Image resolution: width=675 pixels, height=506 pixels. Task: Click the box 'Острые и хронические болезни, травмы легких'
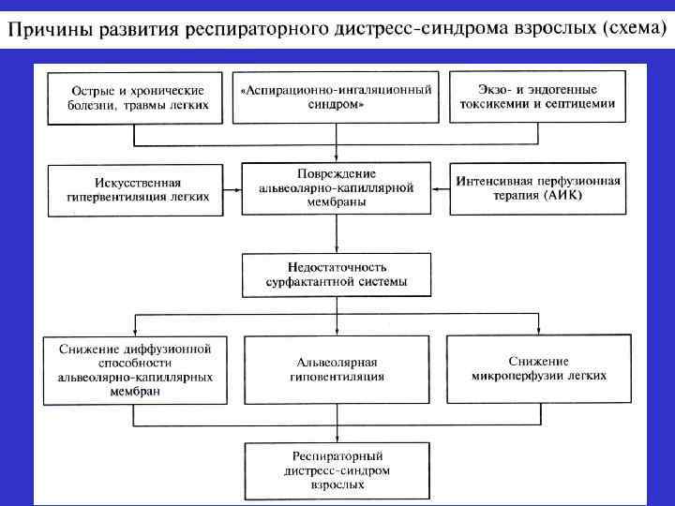(x=137, y=97)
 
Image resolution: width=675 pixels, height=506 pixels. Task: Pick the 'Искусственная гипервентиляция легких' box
(x=137, y=189)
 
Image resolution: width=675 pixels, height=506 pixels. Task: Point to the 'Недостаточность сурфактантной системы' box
(x=336, y=275)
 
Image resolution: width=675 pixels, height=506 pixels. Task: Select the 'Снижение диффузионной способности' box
(x=137, y=370)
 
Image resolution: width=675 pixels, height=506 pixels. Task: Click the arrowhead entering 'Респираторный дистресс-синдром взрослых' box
(x=336, y=436)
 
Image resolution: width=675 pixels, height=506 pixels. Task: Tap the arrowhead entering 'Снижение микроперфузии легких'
(x=538, y=329)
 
